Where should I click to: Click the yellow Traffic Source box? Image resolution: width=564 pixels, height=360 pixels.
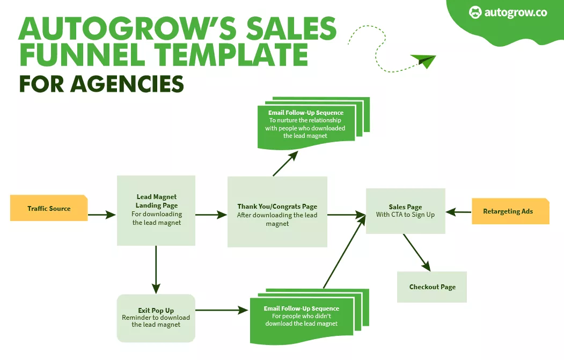click(49, 208)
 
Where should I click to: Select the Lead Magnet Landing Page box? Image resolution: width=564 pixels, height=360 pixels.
click(156, 210)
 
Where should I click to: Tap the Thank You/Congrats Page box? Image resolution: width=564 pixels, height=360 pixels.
click(277, 211)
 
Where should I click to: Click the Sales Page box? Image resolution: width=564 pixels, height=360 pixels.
click(405, 211)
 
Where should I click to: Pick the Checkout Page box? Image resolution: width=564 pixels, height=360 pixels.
click(432, 287)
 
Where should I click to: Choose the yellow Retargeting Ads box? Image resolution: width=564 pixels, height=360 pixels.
click(510, 211)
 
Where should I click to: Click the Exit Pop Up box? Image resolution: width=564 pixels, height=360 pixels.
click(156, 318)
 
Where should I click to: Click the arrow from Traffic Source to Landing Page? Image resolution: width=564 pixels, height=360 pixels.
click(102, 215)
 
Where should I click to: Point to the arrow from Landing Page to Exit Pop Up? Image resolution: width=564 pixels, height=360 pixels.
click(156, 268)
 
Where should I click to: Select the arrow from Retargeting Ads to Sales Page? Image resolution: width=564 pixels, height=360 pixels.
click(459, 212)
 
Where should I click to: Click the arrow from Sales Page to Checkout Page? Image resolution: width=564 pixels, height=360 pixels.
click(417, 252)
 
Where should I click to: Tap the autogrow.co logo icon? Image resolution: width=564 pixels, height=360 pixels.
click(475, 12)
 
